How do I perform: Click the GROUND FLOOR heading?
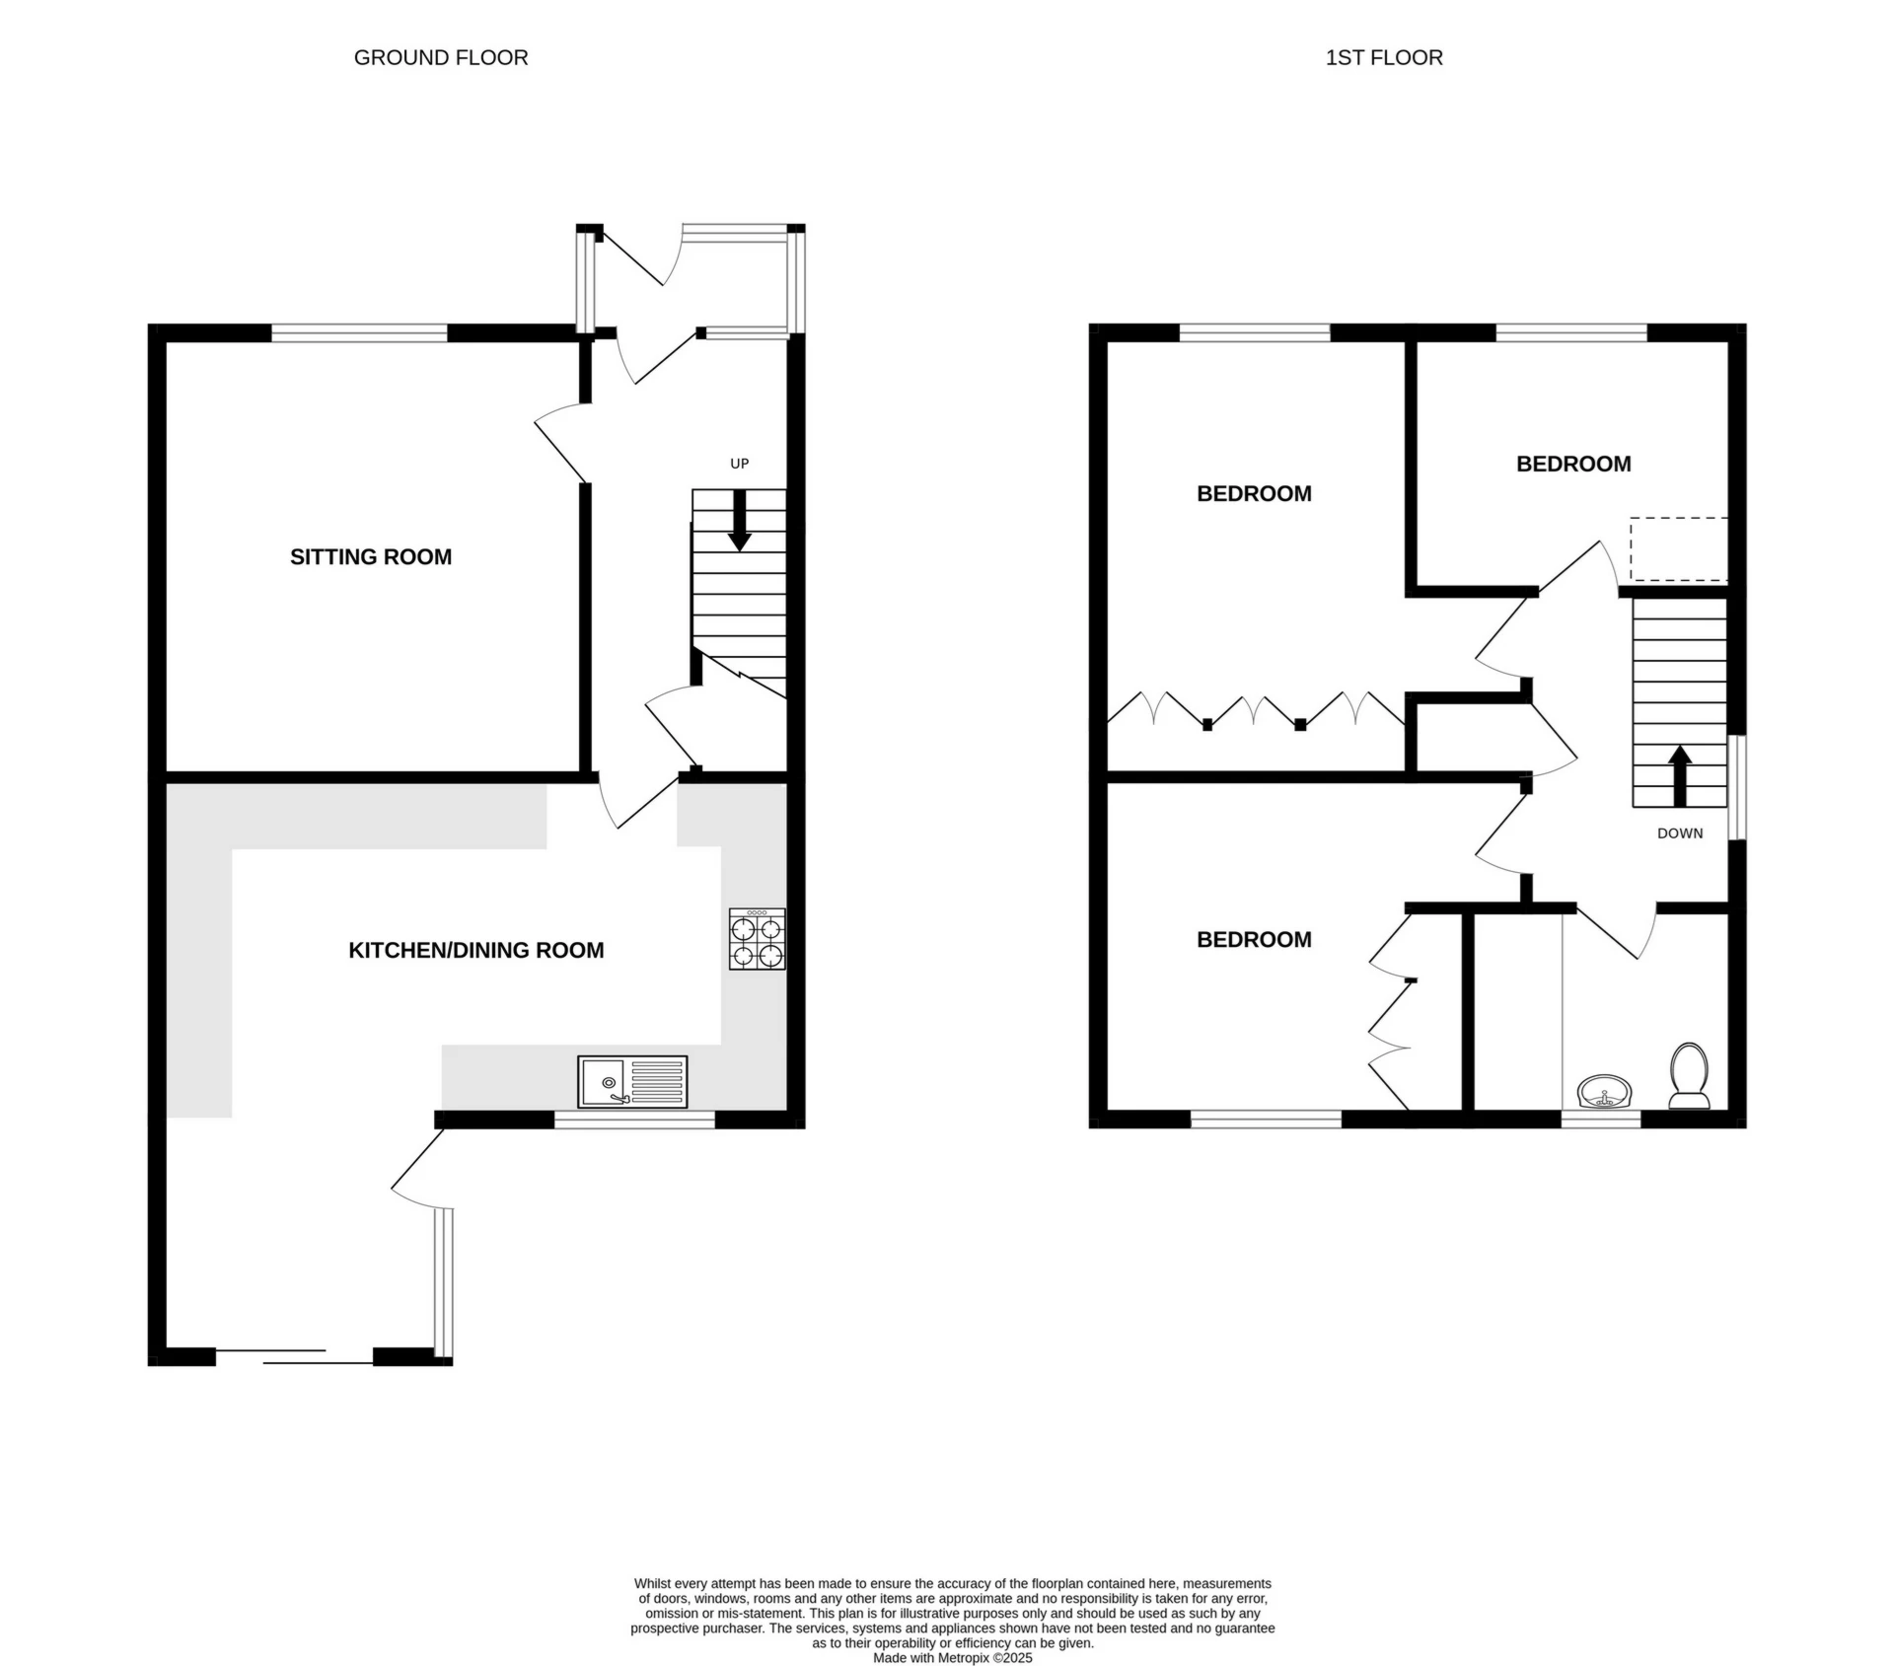click(441, 58)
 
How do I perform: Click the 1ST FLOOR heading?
click(1383, 58)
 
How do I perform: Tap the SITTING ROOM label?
click(371, 557)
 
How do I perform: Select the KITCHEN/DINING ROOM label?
click(475, 951)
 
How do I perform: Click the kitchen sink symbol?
click(632, 1081)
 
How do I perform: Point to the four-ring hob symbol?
click(758, 939)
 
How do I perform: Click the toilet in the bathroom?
click(1689, 1076)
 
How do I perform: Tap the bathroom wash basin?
click(1605, 1094)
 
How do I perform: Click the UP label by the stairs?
click(739, 464)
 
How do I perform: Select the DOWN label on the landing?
click(1680, 833)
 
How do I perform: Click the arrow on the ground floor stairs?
click(739, 521)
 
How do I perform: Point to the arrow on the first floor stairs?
click(1680, 774)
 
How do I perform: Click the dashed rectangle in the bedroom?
click(1678, 548)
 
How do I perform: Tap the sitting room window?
click(359, 333)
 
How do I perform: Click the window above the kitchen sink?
click(634, 1120)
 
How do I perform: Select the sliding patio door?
click(294, 1356)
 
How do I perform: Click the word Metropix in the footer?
click(956, 1658)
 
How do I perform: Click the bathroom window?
click(1600, 1120)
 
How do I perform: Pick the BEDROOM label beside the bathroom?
click(1254, 940)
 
